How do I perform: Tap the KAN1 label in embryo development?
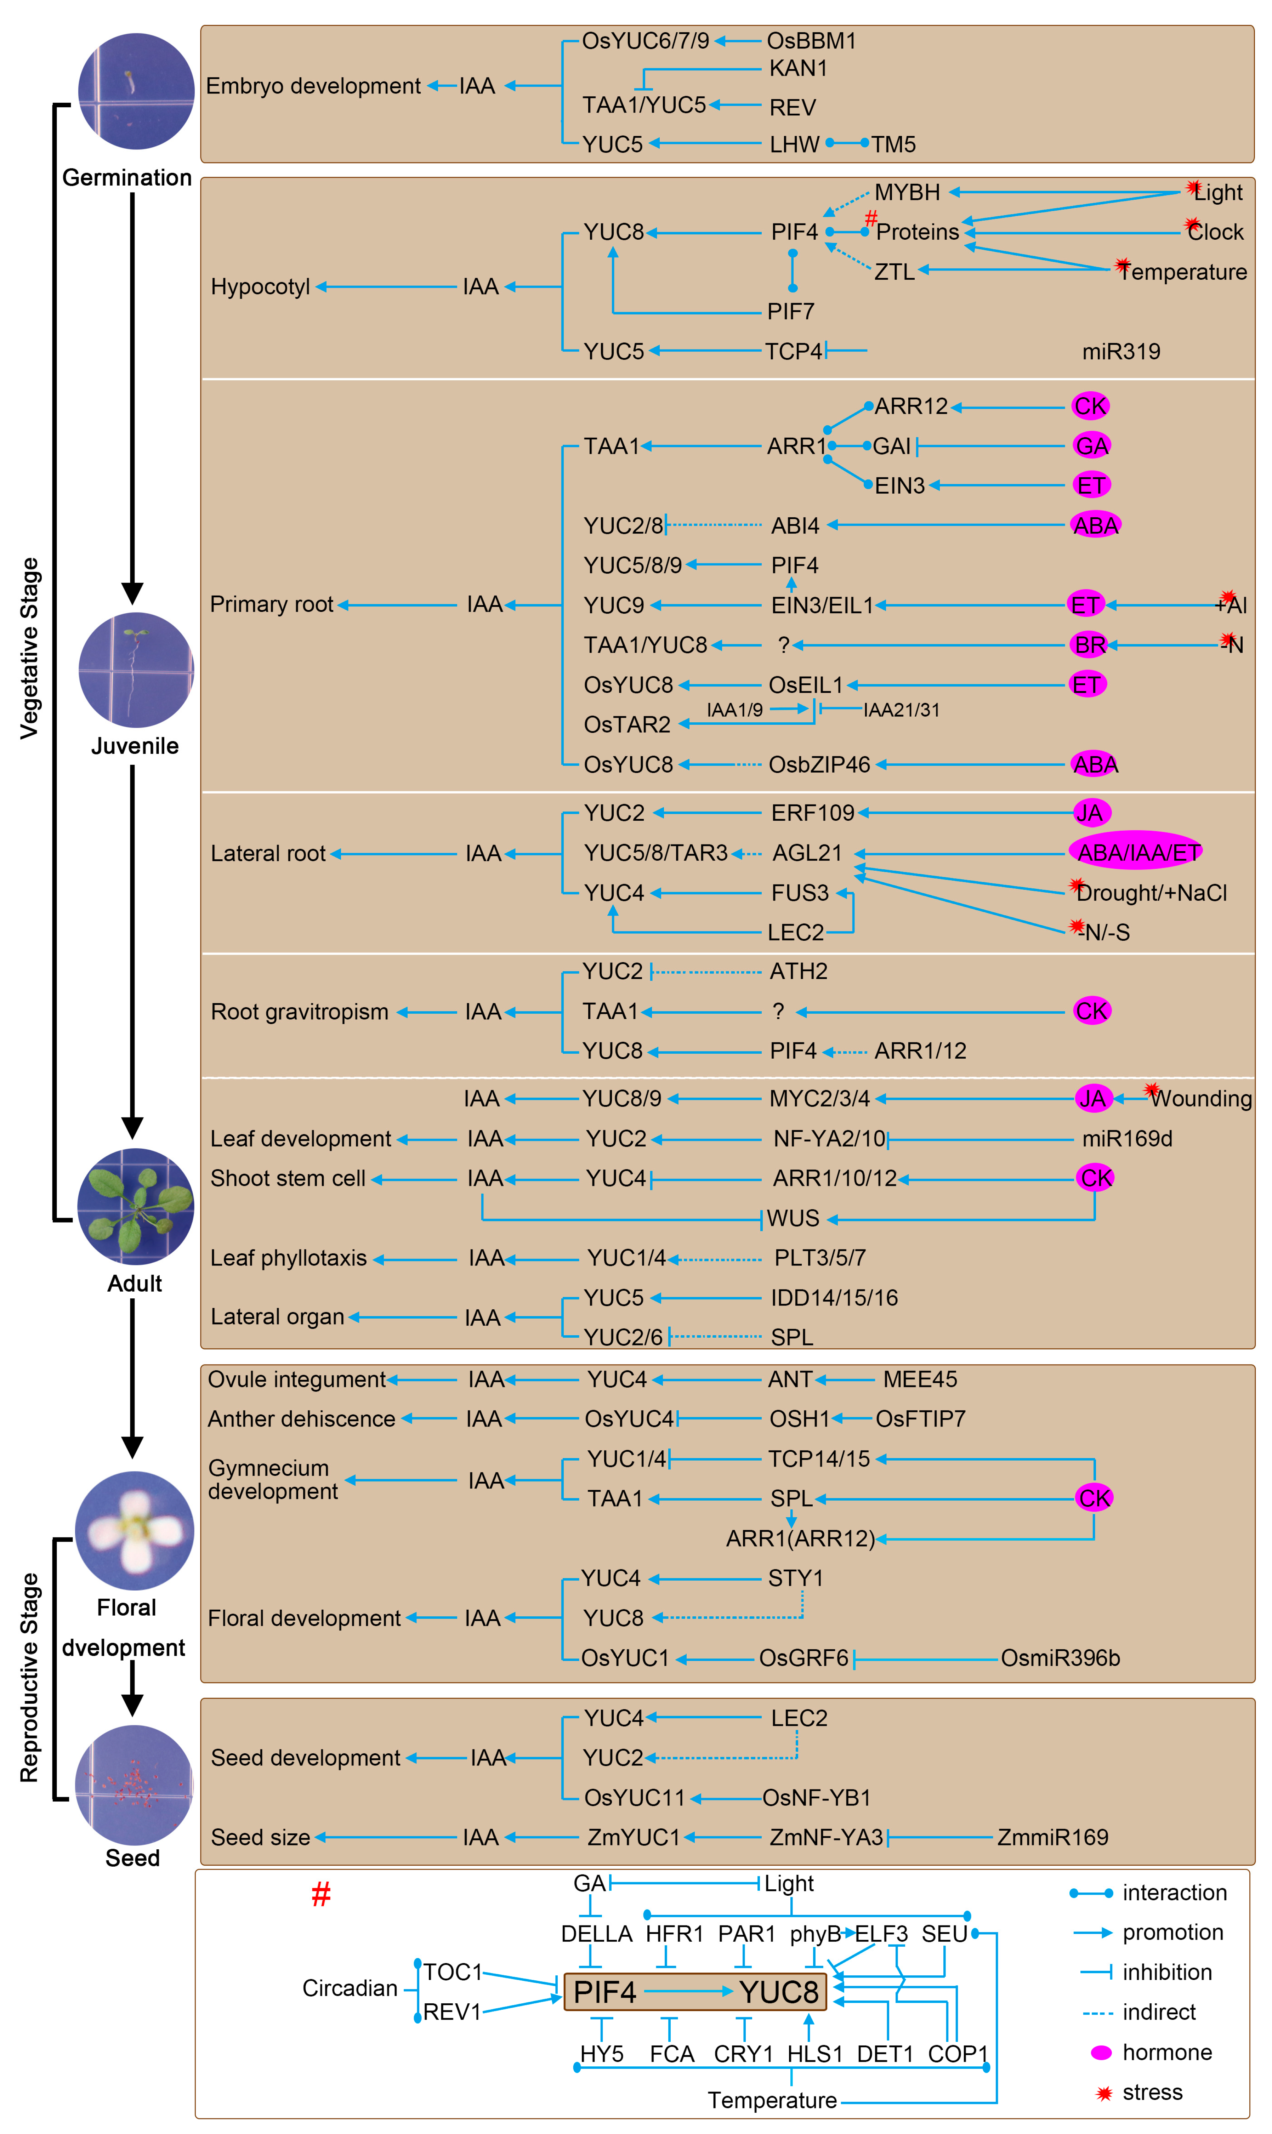click(797, 69)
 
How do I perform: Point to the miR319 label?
click(1120, 351)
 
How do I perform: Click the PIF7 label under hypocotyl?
click(790, 312)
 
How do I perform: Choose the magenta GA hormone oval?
click(1091, 446)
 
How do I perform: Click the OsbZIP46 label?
click(819, 764)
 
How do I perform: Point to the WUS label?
click(793, 1218)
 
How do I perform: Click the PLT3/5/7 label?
click(819, 1258)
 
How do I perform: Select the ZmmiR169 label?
click(1052, 1838)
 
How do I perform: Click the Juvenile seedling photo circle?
click(135, 670)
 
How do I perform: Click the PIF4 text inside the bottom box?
click(604, 1992)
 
